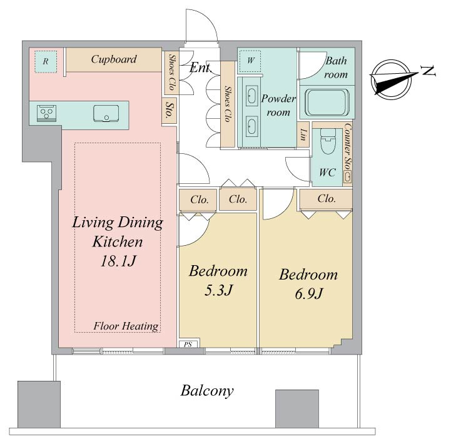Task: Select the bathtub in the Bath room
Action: tap(327, 102)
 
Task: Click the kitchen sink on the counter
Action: tap(106, 113)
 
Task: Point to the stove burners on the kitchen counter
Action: tap(46, 113)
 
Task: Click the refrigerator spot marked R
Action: tap(46, 61)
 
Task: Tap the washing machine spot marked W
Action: tap(250, 61)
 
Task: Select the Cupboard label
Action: tap(114, 59)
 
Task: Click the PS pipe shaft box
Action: tap(188, 344)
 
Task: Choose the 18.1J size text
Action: tap(118, 261)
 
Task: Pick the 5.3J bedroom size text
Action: tap(218, 290)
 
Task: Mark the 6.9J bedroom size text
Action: tap(309, 294)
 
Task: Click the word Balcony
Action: tap(207, 391)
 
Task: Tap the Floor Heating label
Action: tap(126, 326)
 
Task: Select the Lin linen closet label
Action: tap(303, 134)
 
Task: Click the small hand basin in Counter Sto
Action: tap(347, 176)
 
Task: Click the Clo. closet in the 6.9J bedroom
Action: tap(326, 199)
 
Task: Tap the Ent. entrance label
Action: tap(200, 68)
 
